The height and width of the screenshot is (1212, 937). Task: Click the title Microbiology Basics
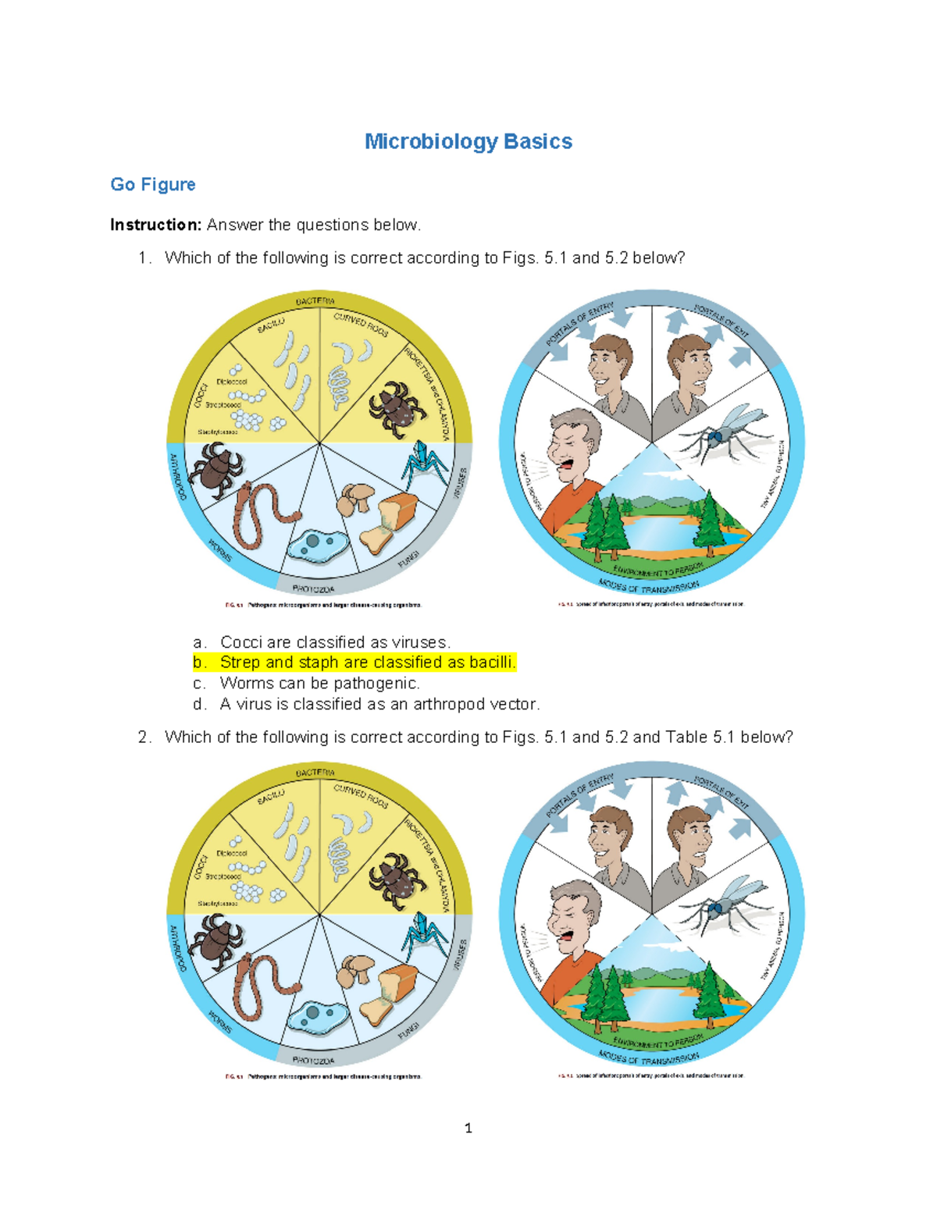468,141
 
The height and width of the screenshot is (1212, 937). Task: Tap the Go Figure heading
152,184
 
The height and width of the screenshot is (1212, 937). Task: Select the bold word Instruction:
156,225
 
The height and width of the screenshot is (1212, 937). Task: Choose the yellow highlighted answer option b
355,663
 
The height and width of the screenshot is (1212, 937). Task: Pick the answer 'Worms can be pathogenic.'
319,684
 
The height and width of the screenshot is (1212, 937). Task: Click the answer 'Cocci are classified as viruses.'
335,642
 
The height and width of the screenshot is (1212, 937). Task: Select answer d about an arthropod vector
379,704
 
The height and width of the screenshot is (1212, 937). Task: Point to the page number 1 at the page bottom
468,1128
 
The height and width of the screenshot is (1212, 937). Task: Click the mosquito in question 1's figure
722,435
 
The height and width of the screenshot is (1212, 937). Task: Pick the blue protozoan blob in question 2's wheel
315,1015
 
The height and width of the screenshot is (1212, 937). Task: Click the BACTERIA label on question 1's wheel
315,301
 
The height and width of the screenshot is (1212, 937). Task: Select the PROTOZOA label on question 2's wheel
313,1060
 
